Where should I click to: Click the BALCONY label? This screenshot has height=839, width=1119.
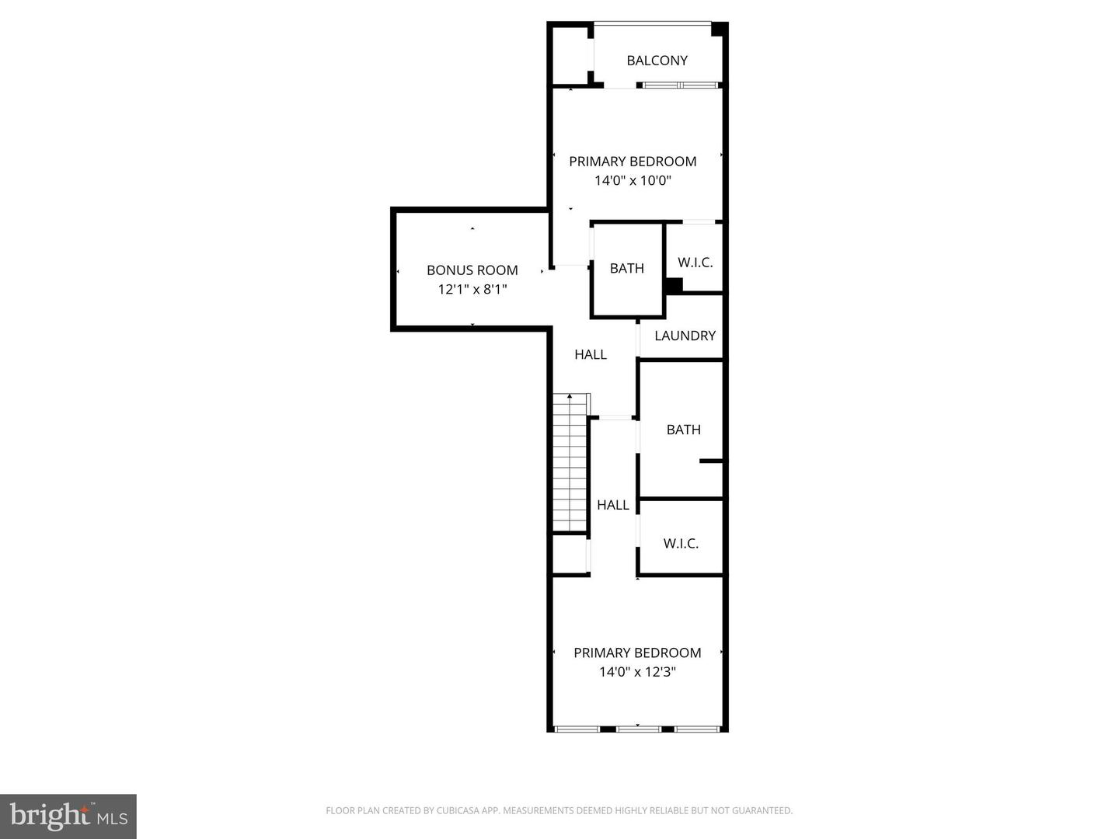tap(657, 61)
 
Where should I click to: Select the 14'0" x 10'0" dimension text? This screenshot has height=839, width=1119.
tap(633, 181)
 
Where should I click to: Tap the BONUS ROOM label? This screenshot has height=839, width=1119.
tap(472, 270)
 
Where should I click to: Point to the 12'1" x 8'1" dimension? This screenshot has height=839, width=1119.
tap(472, 290)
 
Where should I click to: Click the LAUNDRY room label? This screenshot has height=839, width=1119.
tap(685, 336)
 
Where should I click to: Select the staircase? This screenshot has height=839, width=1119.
tap(570, 463)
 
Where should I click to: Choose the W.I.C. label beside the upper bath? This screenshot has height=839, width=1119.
tap(695, 263)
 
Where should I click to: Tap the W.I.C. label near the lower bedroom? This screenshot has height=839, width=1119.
tap(681, 544)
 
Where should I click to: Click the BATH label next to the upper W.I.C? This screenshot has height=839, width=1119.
tap(626, 269)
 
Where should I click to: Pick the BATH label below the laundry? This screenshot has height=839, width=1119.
tap(683, 430)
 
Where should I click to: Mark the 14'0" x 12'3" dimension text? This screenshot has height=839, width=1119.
tap(637, 672)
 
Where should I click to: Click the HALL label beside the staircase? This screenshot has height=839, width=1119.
tap(612, 505)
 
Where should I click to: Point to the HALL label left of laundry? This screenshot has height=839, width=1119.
tap(591, 354)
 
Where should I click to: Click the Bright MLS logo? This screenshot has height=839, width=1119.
tap(68, 816)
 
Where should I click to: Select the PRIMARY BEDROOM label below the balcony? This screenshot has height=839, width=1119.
tap(633, 162)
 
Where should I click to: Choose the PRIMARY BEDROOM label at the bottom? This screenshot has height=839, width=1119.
tap(637, 653)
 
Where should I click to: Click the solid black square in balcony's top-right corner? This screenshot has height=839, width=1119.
tap(719, 30)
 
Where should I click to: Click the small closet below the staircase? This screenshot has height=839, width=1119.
tap(570, 554)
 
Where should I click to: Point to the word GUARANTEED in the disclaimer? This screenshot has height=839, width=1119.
tap(763, 811)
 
